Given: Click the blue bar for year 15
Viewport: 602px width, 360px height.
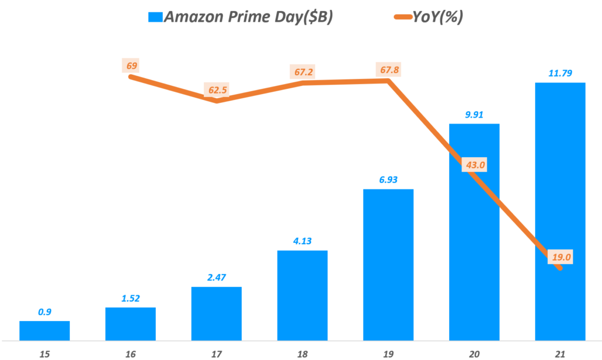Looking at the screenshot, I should pyautogui.click(x=45, y=331).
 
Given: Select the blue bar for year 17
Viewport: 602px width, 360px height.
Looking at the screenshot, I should pyautogui.click(x=216, y=314).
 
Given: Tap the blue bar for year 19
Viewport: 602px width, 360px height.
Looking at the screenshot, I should pyautogui.click(x=388, y=265).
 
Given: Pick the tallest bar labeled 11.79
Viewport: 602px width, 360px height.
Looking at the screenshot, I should pyautogui.click(x=560, y=211).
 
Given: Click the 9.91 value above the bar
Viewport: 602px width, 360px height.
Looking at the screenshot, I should pyautogui.click(x=474, y=114).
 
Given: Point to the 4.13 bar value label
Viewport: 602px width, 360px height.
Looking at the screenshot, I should pyautogui.click(x=302, y=241).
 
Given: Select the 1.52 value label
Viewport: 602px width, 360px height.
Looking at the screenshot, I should pyautogui.click(x=131, y=298).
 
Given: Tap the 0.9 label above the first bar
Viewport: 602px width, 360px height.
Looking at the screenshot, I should pyautogui.click(x=45, y=312).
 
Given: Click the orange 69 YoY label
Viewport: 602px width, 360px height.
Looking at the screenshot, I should pyautogui.click(x=131, y=65).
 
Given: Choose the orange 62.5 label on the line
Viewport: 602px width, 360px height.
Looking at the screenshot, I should pyautogui.click(x=217, y=91).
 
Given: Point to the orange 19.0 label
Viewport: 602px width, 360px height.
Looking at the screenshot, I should pyautogui.click(x=560, y=257).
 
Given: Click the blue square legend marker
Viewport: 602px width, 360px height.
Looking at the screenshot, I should pyautogui.click(x=156, y=17).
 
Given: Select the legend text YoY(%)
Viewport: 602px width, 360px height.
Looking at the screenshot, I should pyautogui.click(x=437, y=17).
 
